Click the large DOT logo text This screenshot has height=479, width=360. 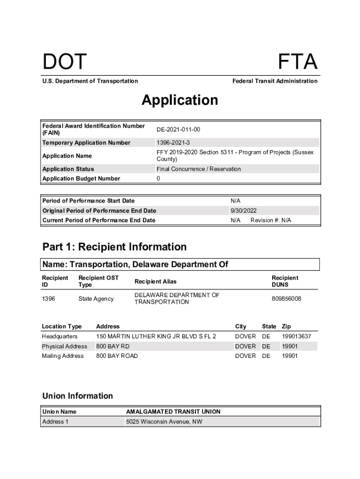[65, 62]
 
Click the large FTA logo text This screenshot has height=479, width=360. [297, 62]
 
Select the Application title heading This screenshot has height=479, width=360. [180, 100]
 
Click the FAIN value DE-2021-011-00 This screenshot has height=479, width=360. [178, 129]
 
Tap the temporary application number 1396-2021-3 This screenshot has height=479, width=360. [173, 143]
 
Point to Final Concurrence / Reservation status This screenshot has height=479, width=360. [199, 169]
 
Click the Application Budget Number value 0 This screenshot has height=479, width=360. [158, 179]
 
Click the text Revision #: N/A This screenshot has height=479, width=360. [271, 220]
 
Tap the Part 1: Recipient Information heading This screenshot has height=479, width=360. [114, 247]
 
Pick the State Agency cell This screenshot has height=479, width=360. [96, 298]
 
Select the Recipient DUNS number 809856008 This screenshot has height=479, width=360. [286, 298]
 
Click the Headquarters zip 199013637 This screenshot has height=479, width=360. [296, 336]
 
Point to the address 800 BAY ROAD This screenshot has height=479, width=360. [117, 356]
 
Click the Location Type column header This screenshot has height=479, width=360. [62, 327]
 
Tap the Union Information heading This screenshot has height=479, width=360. [78, 396]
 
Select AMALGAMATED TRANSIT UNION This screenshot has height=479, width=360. [173, 412]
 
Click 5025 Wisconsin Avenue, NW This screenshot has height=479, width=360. [164, 422]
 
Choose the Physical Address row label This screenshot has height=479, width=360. [65, 346]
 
